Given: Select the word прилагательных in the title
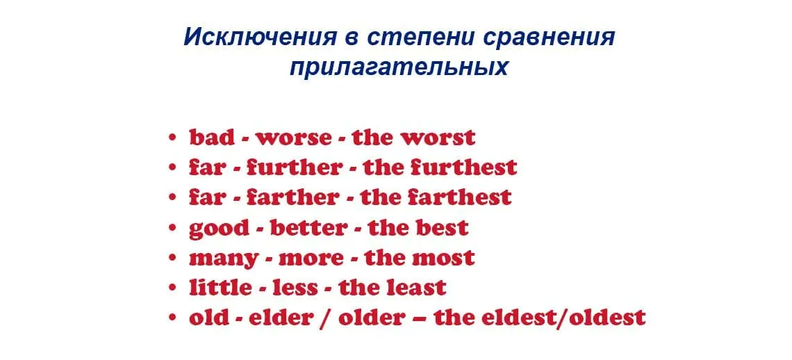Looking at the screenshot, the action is tap(399, 67).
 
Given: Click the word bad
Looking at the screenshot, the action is tap(212, 138).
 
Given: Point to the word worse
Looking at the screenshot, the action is tap(294, 138).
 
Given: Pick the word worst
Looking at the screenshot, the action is tap(438, 138).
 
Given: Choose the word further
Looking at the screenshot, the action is tap(294, 167).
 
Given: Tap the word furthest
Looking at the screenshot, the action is tap(463, 167).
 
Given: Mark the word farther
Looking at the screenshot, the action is tap(292, 197).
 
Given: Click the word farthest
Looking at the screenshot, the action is tap(460, 197).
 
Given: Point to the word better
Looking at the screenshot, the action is tap(308, 227).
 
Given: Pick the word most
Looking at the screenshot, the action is tap(443, 258).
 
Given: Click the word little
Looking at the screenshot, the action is tap(221, 287).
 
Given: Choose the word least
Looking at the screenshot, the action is tap(417, 287).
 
